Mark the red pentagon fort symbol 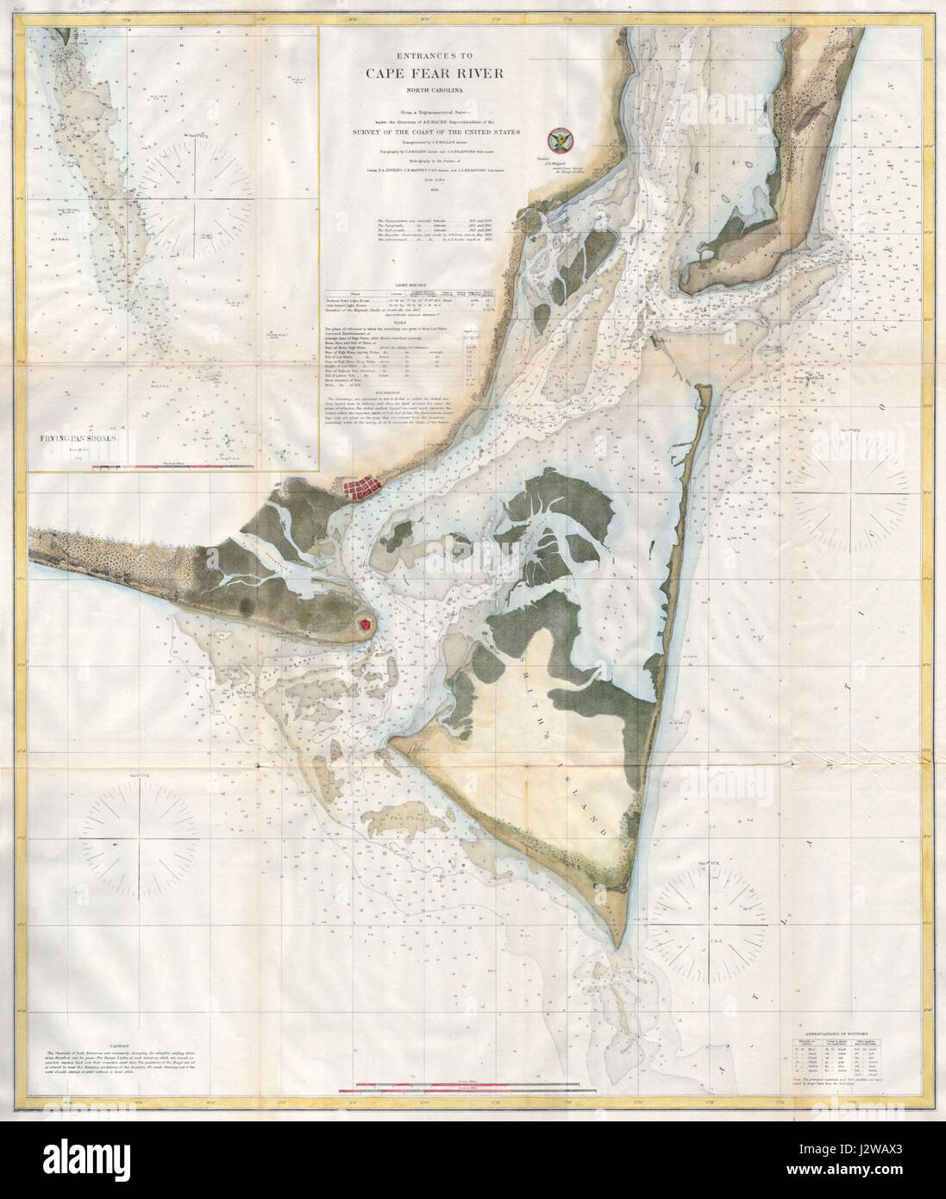(x=366, y=622)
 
